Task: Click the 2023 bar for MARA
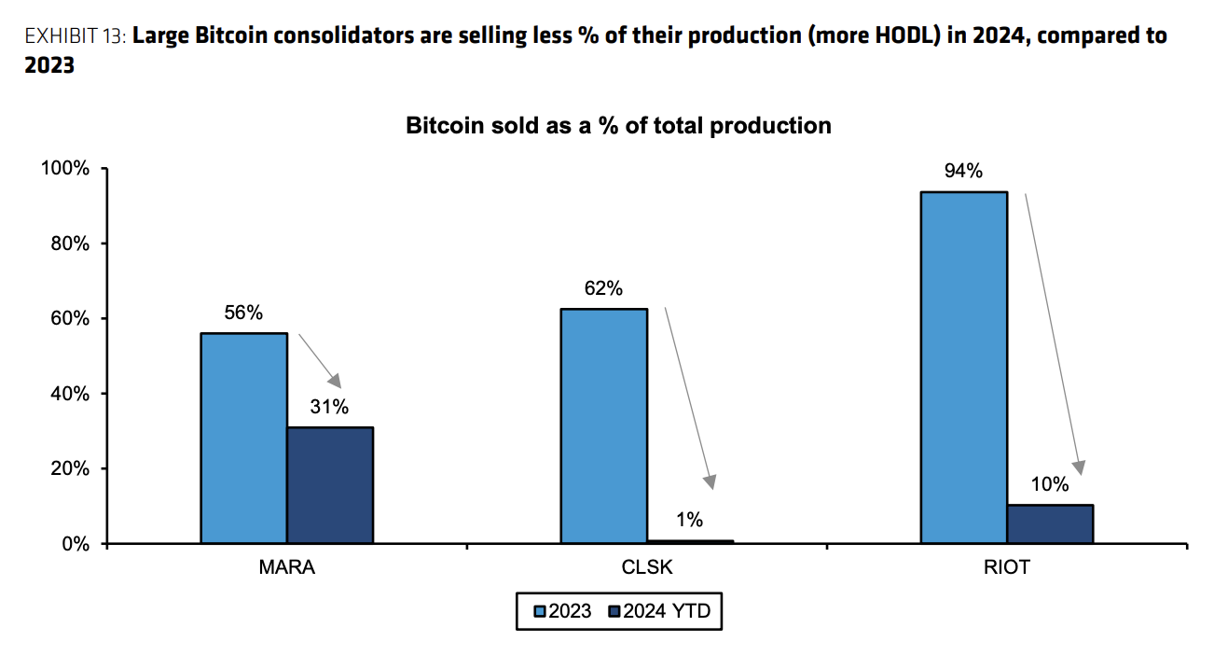click(x=243, y=438)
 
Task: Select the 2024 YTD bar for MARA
click(x=330, y=485)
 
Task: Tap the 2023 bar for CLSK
click(x=604, y=425)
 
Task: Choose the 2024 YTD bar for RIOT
click(x=1050, y=523)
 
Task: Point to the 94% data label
click(x=963, y=171)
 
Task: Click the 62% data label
click(x=603, y=288)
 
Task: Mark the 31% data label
click(x=329, y=407)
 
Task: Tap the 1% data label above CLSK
click(x=690, y=520)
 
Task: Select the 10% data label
click(x=1050, y=484)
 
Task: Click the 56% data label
click(x=243, y=313)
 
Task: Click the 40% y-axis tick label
click(x=69, y=394)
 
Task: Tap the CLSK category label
click(x=647, y=567)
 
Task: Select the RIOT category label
click(x=1007, y=567)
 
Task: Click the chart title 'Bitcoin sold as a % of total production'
click(x=618, y=125)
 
